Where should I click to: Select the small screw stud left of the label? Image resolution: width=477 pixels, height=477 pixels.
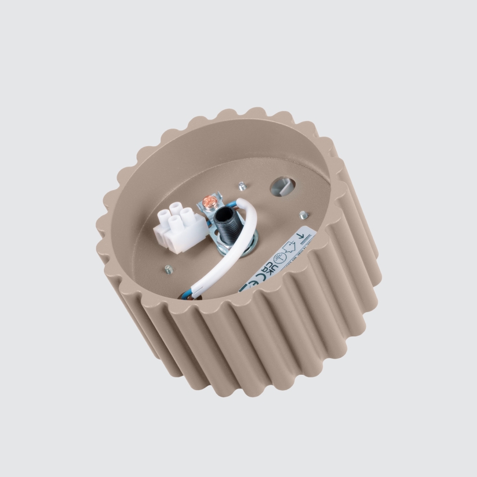click(303, 214)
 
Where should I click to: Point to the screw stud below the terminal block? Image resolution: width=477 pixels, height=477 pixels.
click(169, 269)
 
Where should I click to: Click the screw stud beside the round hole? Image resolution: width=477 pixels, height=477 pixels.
click(242, 186)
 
